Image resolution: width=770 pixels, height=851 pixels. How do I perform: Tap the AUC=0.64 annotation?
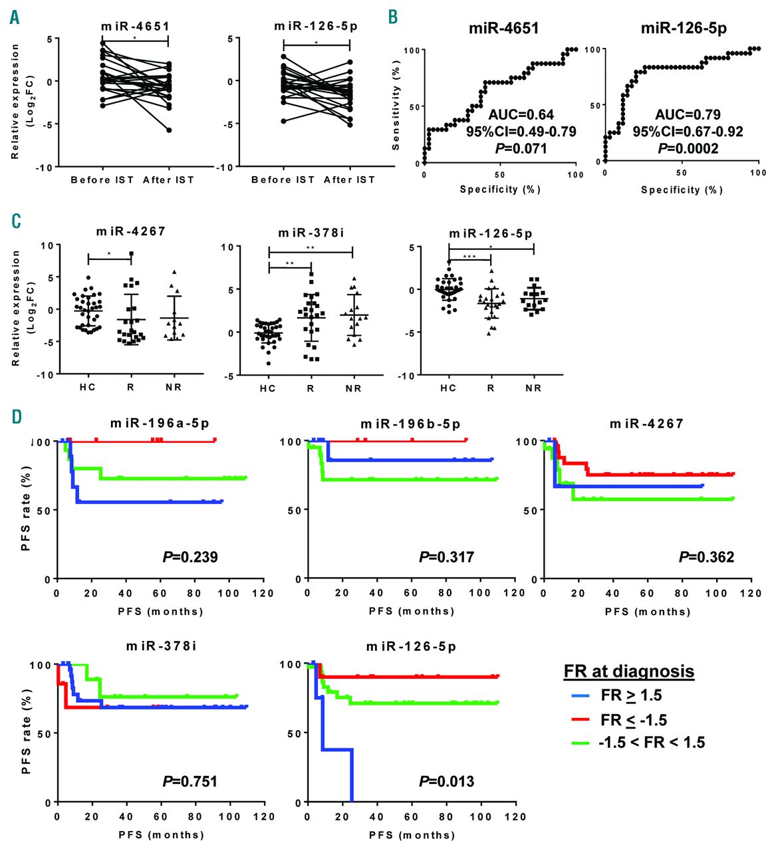tap(521, 114)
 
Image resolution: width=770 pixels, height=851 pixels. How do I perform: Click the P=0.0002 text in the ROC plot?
tap(688, 148)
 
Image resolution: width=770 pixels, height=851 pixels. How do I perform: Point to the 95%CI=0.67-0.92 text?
tap(687, 132)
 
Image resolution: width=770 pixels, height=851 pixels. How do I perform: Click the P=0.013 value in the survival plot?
tap(446, 781)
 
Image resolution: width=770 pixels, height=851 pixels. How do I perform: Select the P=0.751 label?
tap(190, 781)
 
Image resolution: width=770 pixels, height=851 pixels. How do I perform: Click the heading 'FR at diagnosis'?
tap(628, 671)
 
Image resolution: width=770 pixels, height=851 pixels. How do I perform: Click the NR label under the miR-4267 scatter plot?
tap(174, 387)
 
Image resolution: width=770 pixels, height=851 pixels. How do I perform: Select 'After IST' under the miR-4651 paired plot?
tap(168, 180)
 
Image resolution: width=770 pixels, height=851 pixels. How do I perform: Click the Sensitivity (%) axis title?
tap(396, 106)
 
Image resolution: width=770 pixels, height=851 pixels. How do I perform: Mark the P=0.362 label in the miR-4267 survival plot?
tap(706, 557)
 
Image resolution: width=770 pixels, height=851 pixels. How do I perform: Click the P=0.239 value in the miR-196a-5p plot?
tap(190, 557)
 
